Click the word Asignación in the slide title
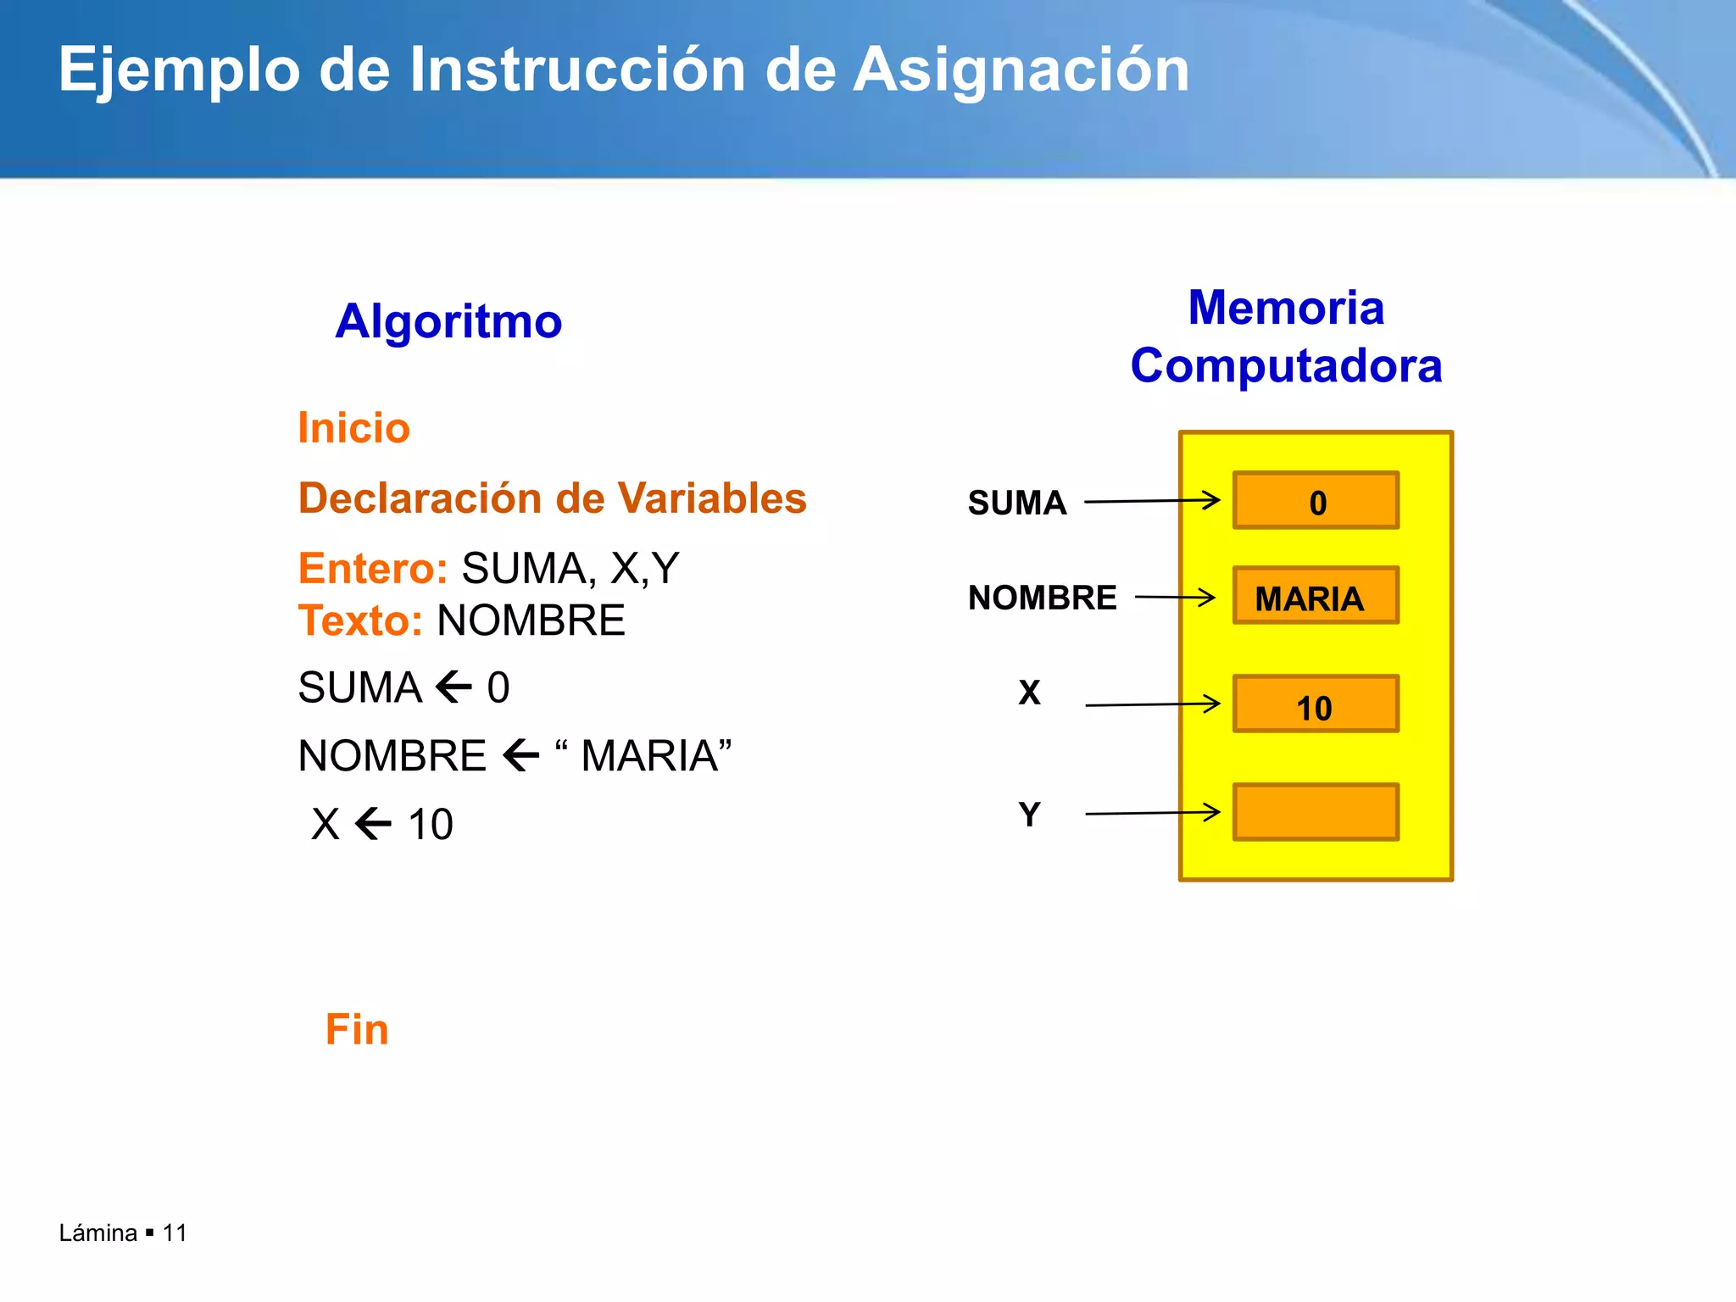[1021, 71]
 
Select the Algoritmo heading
[448, 322]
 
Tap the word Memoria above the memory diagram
[1285, 308]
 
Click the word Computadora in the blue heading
[1285, 366]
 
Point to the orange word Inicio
[353, 428]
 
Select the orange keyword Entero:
[372, 569]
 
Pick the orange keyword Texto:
[360, 621]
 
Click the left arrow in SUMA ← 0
[453, 687]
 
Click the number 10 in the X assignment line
[431, 825]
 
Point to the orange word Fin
[357, 1030]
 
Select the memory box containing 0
[1316, 501]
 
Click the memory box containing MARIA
[1316, 596]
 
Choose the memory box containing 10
[1316, 704]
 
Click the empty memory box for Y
[1316, 813]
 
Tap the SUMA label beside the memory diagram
[1016, 504]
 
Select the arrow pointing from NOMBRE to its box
[1174, 598]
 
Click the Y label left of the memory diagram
[1029, 815]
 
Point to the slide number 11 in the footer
[175, 1233]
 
